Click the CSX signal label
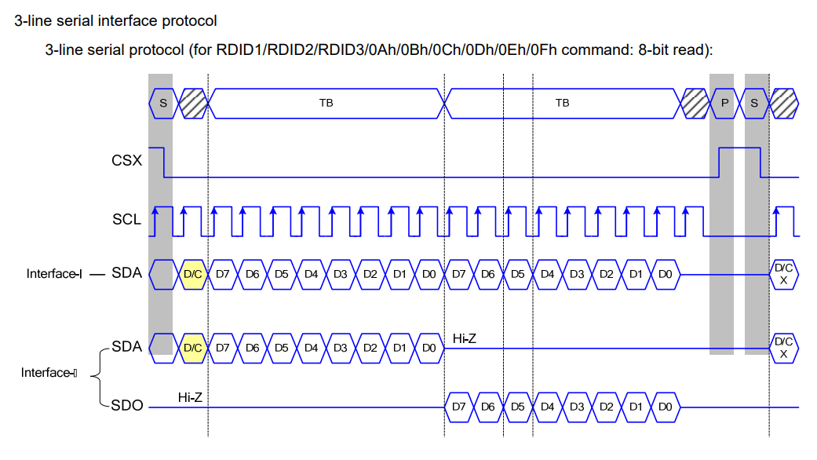(x=126, y=161)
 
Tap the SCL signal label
(x=126, y=220)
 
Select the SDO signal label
(x=126, y=406)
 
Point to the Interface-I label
(x=54, y=274)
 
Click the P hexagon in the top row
(x=724, y=103)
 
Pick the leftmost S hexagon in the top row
(x=163, y=103)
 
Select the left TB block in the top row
(x=326, y=103)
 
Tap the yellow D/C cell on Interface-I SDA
(x=193, y=274)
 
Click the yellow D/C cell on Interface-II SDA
(x=193, y=346)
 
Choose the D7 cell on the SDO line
(x=459, y=407)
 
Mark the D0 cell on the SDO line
(x=665, y=407)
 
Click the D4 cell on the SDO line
(x=547, y=407)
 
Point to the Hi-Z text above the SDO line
(x=190, y=398)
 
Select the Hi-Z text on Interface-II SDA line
(x=465, y=338)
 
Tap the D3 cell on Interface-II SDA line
(x=341, y=346)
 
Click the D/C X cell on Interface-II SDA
(x=783, y=347)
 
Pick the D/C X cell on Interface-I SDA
(x=783, y=274)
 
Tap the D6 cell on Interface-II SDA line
(x=252, y=346)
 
